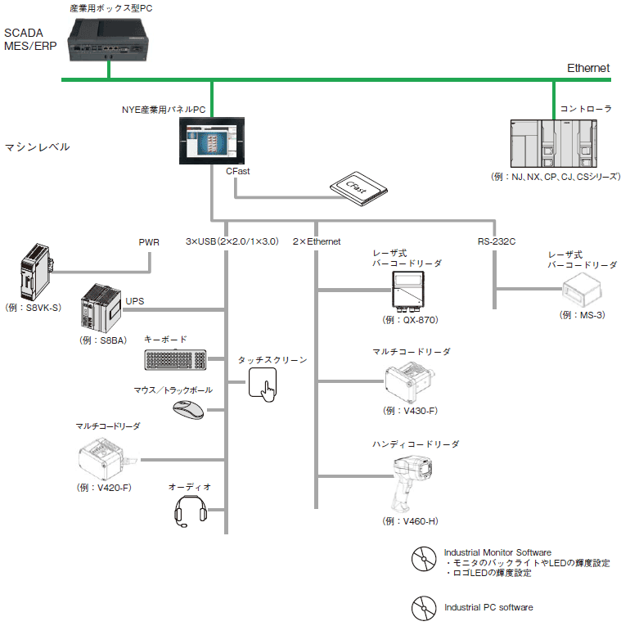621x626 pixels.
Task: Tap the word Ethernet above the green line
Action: pyautogui.click(x=588, y=68)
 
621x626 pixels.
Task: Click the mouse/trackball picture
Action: pyautogui.click(x=189, y=409)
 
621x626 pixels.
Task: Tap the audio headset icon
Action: pyautogui.click(x=189, y=514)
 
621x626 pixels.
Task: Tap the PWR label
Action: pyautogui.click(x=150, y=242)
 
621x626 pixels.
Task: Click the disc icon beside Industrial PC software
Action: pyautogui.click(x=423, y=606)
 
